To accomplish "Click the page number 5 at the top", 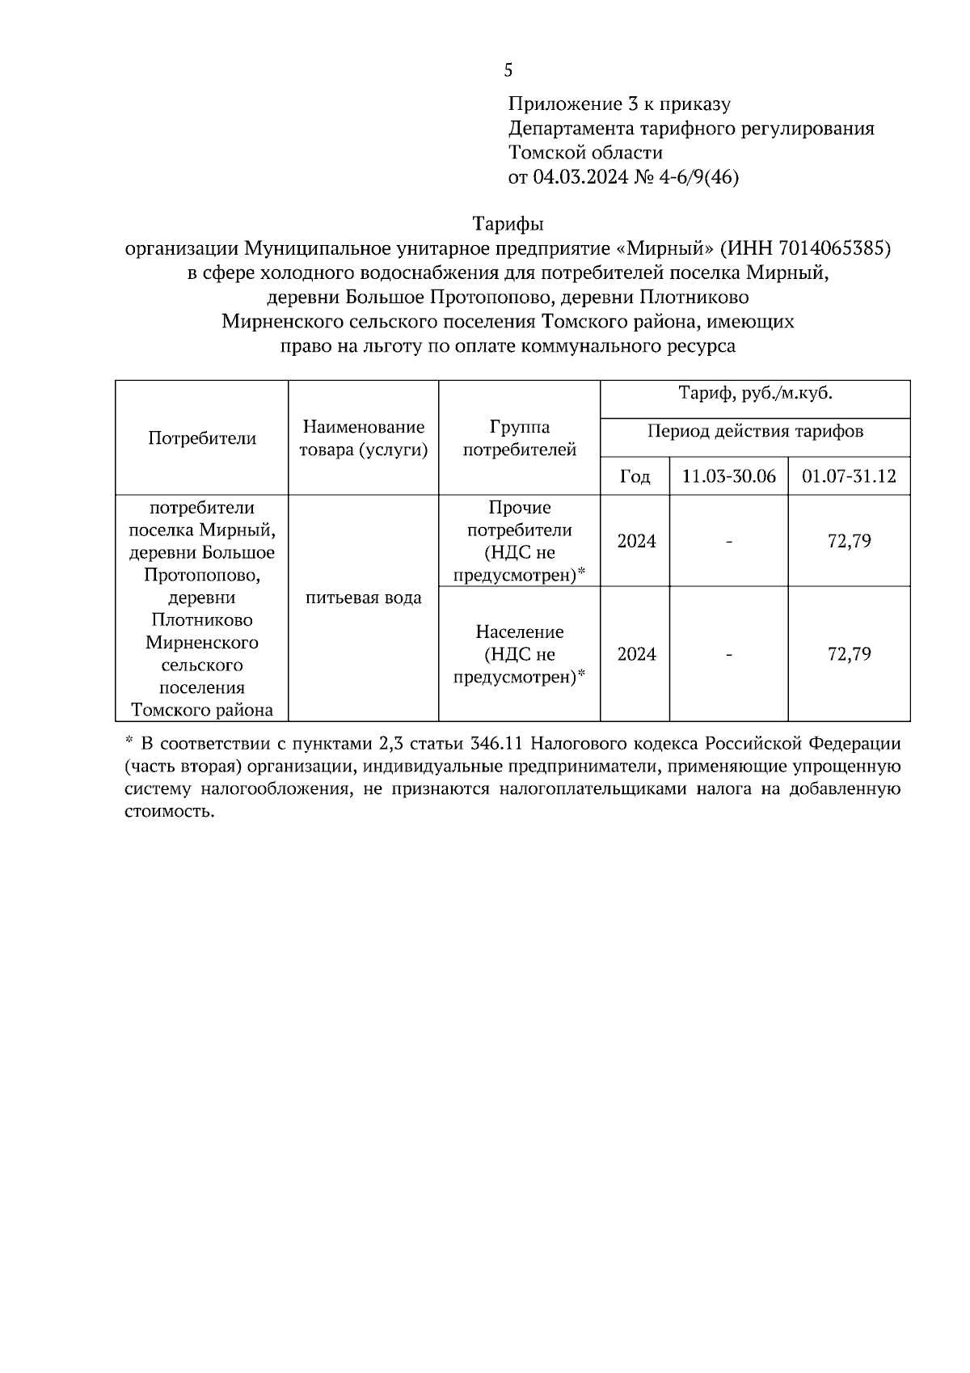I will pyautogui.click(x=508, y=71).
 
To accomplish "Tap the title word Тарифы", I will pyautogui.click(x=508, y=224).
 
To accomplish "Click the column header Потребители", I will pyautogui.click(x=202, y=438).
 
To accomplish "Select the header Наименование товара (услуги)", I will pyautogui.click(x=363, y=438).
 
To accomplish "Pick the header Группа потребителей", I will pyautogui.click(x=519, y=438).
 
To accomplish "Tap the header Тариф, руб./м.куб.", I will pyautogui.click(x=755, y=395).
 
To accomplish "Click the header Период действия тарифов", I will pyautogui.click(x=755, y=432).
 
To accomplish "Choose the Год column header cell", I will pyautogui.click(x=635, y=476).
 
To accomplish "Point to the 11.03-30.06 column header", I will pyautogui.click(x=728, y=476).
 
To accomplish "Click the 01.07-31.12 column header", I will pyautogui.click(x=849, y=476).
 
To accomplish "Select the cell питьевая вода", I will pyautogui.click(x=363, y=598).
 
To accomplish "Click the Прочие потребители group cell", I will pyautogui.click(x=519, y=541).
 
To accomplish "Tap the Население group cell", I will pyautogui.click(x=519, y=654).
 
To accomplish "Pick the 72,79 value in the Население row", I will pyautogui.click(x=849, y=654).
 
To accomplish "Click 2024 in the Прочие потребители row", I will pyautogui.click(x=635, y=541).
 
